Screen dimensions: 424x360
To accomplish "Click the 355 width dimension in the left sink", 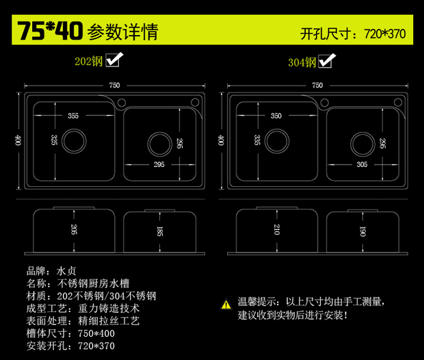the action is point(73,116).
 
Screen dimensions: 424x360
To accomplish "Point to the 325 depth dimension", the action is point(54,140).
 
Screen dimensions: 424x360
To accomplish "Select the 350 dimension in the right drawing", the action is point(276,116).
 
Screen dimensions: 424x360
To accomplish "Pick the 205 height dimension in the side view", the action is point(73,230).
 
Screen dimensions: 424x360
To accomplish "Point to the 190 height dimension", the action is point(362,231).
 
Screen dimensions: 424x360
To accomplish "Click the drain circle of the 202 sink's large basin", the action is point(73,141).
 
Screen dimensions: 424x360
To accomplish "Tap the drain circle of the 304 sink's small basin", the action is point(362,144).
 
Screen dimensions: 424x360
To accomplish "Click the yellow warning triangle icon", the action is point(226,303).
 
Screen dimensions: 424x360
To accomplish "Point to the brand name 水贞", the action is point(70,270).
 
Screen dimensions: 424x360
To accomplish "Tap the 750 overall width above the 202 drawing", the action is point(114,85).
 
